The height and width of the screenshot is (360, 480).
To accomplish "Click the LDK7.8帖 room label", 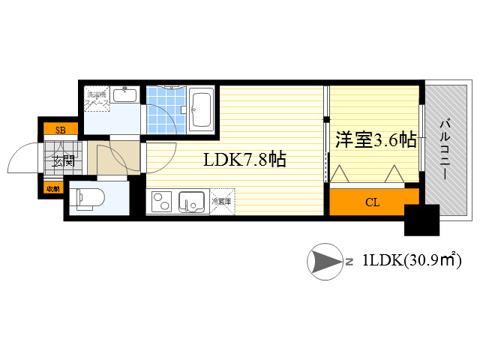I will click(244, 160).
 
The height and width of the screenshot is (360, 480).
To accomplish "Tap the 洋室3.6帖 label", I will click(376, 139).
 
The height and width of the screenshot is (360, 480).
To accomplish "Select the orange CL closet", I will click(372, 202).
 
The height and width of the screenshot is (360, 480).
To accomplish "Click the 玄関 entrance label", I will click(62, 160).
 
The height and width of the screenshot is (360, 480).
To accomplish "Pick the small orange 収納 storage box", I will click(52, 188).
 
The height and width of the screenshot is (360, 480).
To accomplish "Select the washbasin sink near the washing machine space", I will click(125, 95).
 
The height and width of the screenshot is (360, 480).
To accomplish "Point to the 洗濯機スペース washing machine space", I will click(97, 97).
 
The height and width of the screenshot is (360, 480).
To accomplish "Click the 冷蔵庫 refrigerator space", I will click(222, 202).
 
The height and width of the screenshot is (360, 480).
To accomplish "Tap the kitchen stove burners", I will click(163, 202).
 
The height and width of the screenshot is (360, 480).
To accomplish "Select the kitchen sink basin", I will click(192, 202).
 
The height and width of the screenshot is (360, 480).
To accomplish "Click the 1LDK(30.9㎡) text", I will click(411, 261).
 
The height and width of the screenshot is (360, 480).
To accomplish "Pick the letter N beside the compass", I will click(349, 262).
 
